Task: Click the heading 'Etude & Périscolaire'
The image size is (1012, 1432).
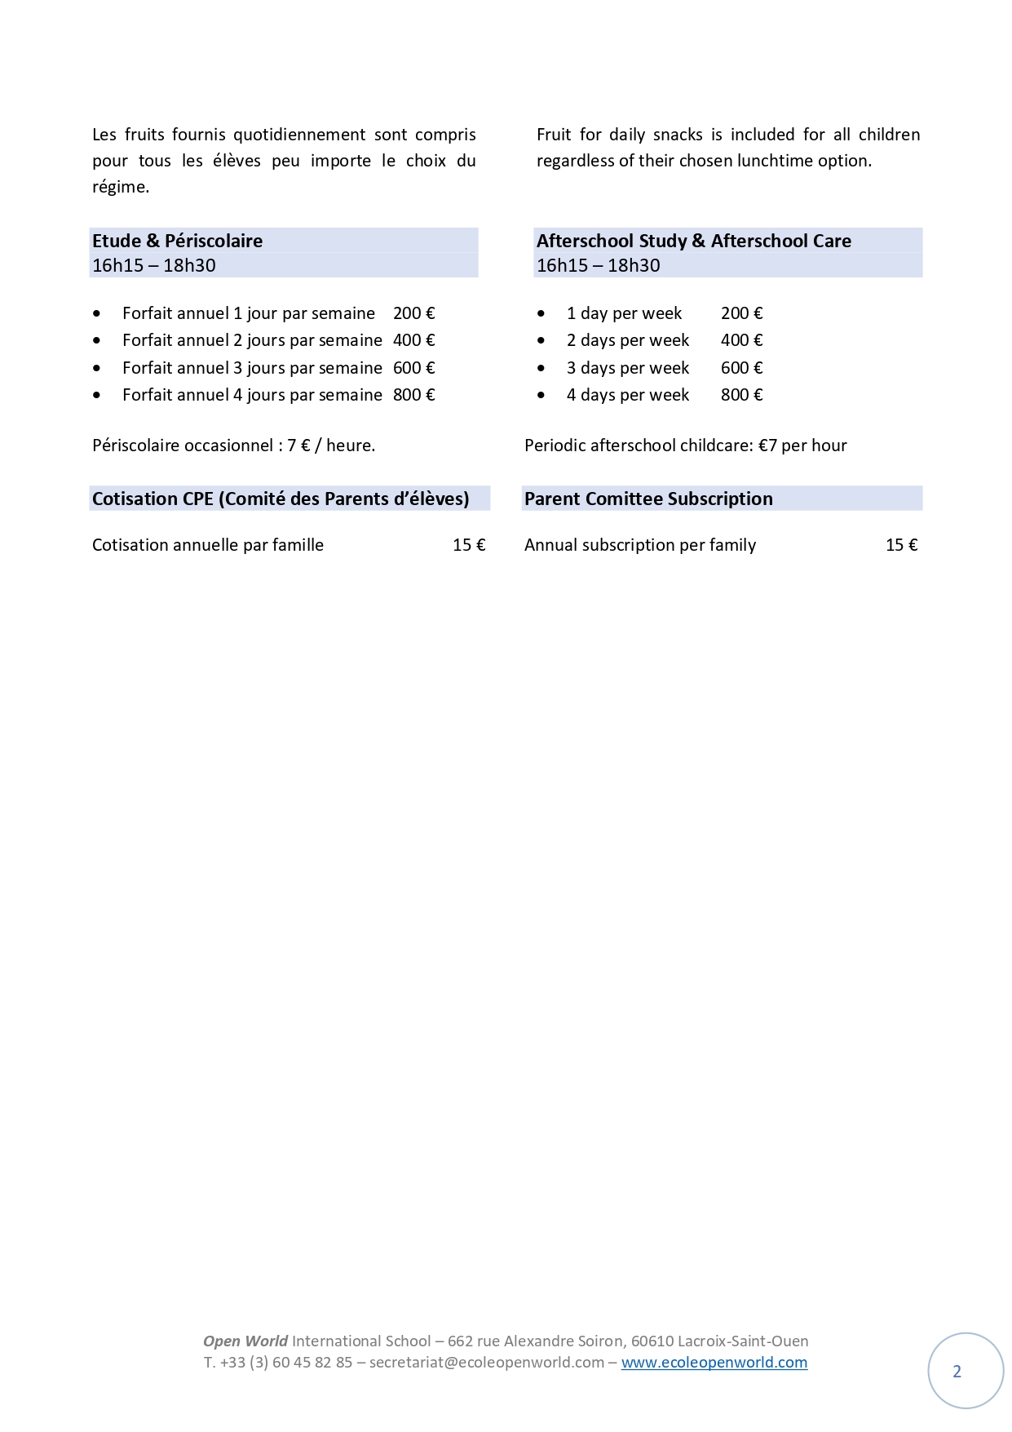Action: [x=177, y=241]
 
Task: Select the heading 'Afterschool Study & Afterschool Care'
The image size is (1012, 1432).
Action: [x=693, y=241]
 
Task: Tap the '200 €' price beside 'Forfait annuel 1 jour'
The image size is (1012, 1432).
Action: [x=413, y=313]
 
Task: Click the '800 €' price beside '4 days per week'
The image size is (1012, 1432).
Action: [x=741, y=395]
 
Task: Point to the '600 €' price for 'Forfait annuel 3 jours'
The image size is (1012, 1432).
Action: [x=413, y=368]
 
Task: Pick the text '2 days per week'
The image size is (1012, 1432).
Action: [x=627, y=340]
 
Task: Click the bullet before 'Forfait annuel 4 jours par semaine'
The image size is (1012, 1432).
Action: [x=98, y=396]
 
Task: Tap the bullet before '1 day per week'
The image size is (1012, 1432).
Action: [x=541, y=314]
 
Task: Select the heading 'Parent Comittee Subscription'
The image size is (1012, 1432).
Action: [x=648, y=499]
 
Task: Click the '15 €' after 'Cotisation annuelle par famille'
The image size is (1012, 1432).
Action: [x=469, y=545]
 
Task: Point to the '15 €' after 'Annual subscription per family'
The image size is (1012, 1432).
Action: [x=901, y=545]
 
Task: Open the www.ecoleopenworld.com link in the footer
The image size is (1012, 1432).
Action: [x=714, y=1362]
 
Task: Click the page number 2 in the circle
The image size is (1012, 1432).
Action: [x=957, y=1372]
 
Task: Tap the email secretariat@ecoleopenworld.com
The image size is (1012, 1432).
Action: [x=486, y=1362]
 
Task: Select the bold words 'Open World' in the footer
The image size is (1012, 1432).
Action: [x=245, y=1341]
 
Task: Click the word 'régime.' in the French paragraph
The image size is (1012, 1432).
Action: [x=121, y=187]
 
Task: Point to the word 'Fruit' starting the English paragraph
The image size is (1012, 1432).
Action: [x=554, y=135]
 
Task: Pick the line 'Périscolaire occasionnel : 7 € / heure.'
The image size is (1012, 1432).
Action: [x=233, y=446]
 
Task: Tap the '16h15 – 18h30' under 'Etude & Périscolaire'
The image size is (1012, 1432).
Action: [x=153, y=265]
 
